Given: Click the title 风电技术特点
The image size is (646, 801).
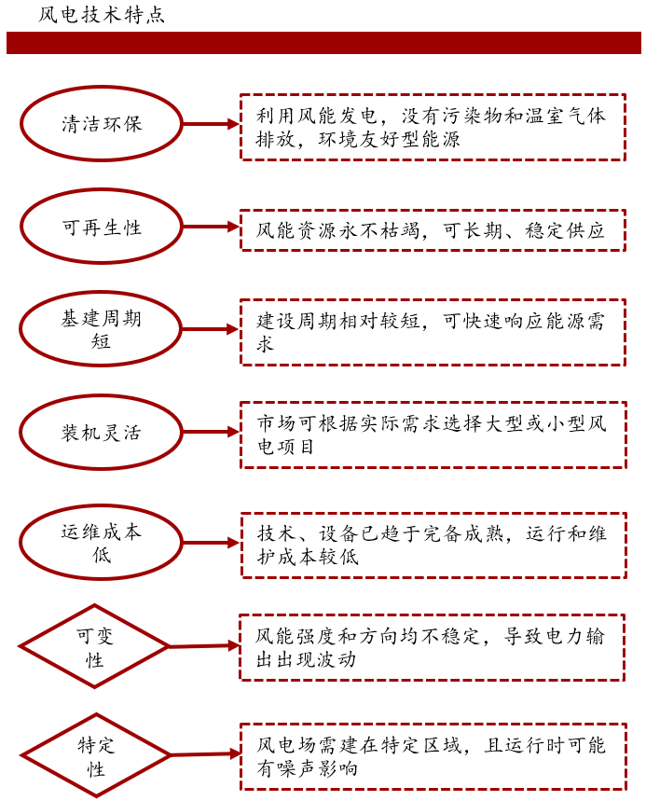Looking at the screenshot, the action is pyautogui.click(x=101, y=15).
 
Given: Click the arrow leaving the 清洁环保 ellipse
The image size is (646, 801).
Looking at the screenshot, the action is pyautogui.click(x=211, y=124).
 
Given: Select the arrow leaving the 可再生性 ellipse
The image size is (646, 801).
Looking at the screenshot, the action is pyautogui.click(x=211, y=227).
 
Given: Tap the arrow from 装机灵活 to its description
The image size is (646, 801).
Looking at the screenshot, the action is pyautogui.click(x=211, y=432).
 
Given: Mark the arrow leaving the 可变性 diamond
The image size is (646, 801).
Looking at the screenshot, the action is pyautogui.click(x=204, y=646).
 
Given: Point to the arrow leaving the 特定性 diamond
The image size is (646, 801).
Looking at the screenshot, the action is pyautogui.click(x=205, y=754).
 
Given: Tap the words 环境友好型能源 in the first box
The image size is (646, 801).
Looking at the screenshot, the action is pyautogui.click(x=389, y=139).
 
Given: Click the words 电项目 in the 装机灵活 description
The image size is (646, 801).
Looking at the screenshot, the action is pyautogui.click(x=285, y=447).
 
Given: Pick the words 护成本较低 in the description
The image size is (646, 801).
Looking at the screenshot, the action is pyautogui.click(x=308, y=557).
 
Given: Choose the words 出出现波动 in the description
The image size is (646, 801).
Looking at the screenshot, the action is pyautogui.click(x=307, y=659).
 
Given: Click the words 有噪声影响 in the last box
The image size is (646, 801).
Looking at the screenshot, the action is pyautogui.click(x=307, y=768).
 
